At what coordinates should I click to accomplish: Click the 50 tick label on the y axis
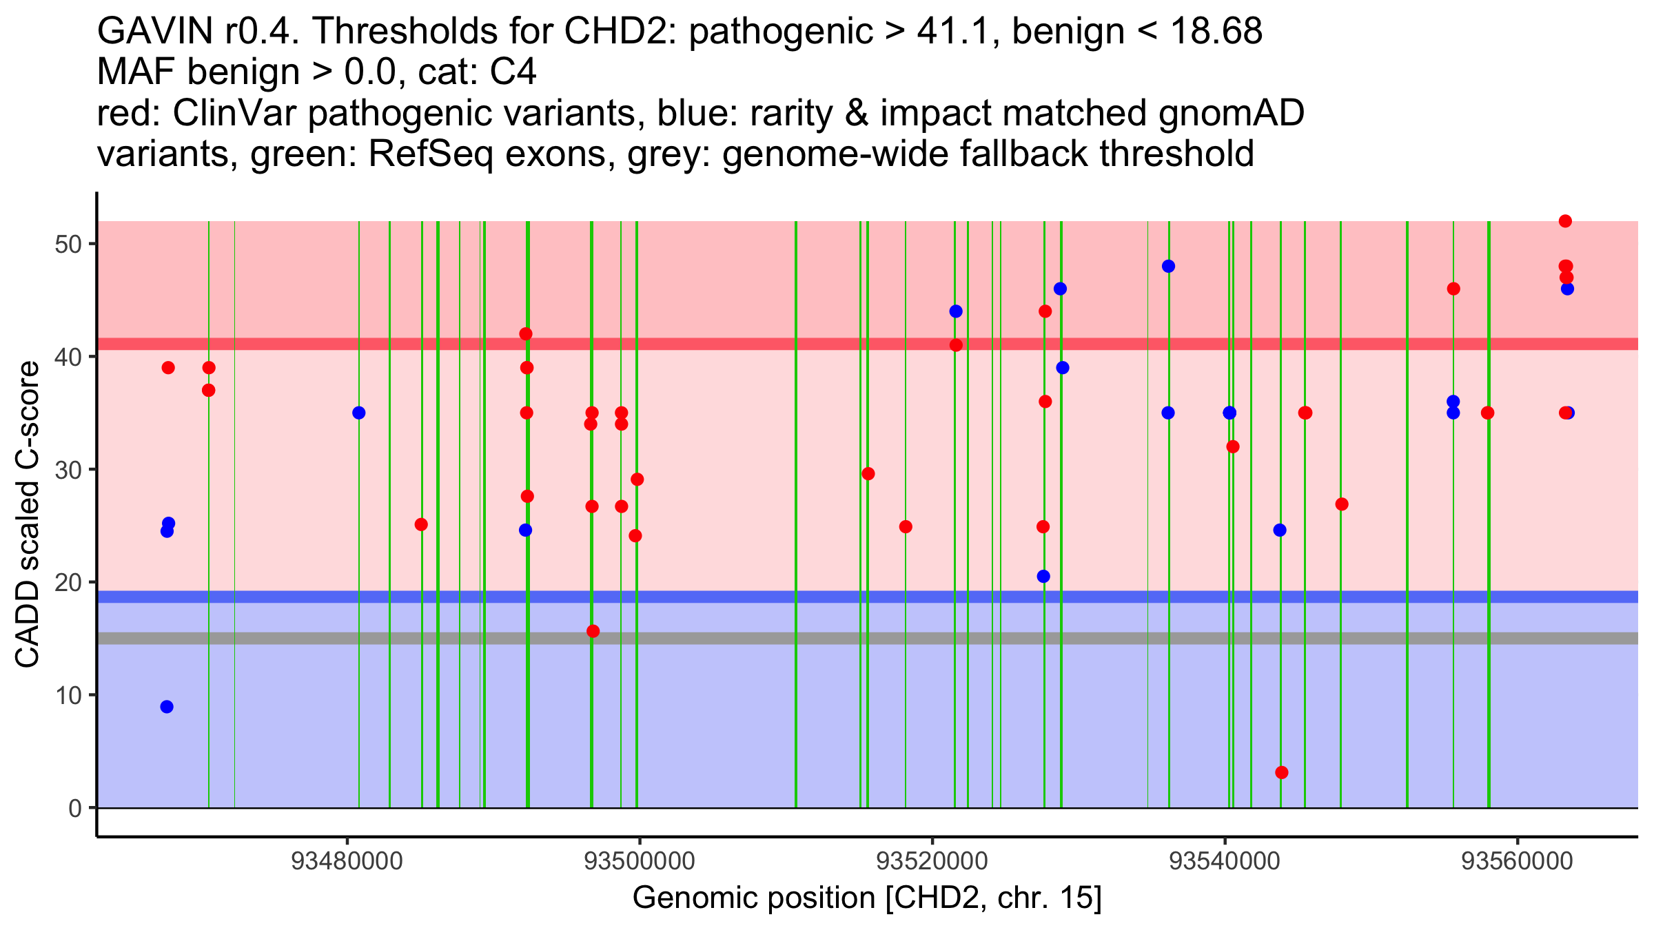coord(68,245)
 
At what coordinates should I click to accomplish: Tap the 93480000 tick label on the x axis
coord(347,861)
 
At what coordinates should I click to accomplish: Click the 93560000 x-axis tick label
coord(1518,861)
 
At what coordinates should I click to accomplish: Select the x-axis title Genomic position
coord(867,898)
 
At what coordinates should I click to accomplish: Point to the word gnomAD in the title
coord(1231,114)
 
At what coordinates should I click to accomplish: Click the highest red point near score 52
coord(1565,221)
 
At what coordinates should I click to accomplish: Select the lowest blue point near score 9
coord(167,707)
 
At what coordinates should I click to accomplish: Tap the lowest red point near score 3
coord(1282,772)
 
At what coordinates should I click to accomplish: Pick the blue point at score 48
coord(1168,267)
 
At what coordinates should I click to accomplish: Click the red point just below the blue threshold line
coord(593,631)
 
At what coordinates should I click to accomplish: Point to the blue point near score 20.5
coord(1043,577)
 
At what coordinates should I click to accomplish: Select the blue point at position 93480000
coord(358,413)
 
